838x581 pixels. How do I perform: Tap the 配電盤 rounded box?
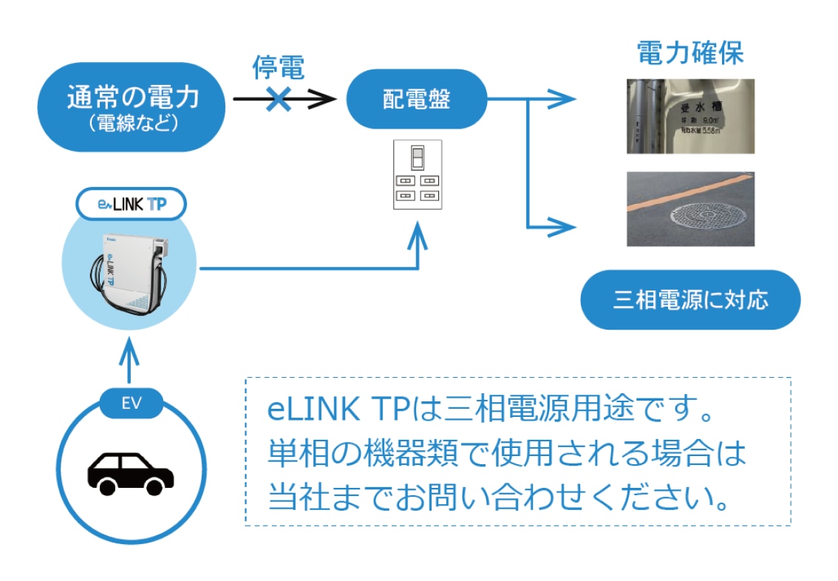click(x=416, y=99)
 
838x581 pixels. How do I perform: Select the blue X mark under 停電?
click(x=278, y=98)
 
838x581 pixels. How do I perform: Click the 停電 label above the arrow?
click(x=278, y=68)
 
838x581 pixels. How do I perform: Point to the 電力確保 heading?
click(x=689, y=53)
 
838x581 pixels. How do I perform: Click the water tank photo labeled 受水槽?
click(x=690, y=116)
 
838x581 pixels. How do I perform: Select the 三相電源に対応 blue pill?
click(x=690, y=300)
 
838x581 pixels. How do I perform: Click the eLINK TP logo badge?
click(x=131, y=204)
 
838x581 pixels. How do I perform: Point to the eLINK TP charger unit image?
click(x=130, y=273)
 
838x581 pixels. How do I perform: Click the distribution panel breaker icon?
click(x=417, y=174)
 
